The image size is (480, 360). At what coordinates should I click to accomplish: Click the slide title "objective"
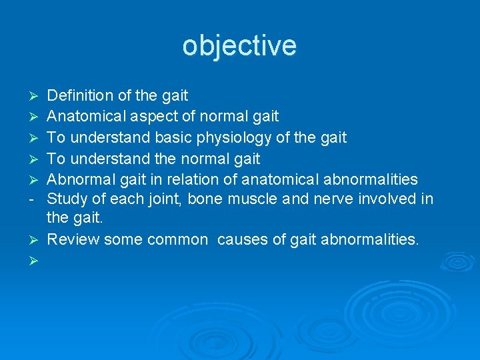pos(239,46)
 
